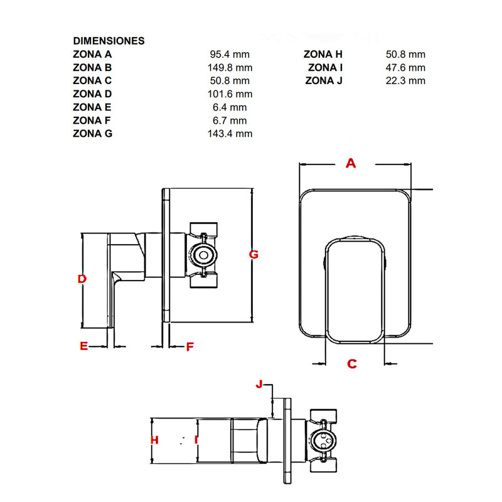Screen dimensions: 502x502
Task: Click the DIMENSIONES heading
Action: click(109, 41)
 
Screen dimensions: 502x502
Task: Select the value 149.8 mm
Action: click(230, 68)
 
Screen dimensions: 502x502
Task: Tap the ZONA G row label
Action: click(92, 134)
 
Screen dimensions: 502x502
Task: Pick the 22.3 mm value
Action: click(405, 81)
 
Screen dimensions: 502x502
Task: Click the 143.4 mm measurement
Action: click(230, 134)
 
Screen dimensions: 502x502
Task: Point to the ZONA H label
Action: click(323, 55)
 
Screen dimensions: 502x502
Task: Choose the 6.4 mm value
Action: click(230, 107)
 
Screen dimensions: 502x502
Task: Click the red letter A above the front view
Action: click(351, 163)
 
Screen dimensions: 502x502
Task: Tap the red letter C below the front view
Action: click(352, 364)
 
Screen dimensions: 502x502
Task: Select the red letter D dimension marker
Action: click(82, 279)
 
